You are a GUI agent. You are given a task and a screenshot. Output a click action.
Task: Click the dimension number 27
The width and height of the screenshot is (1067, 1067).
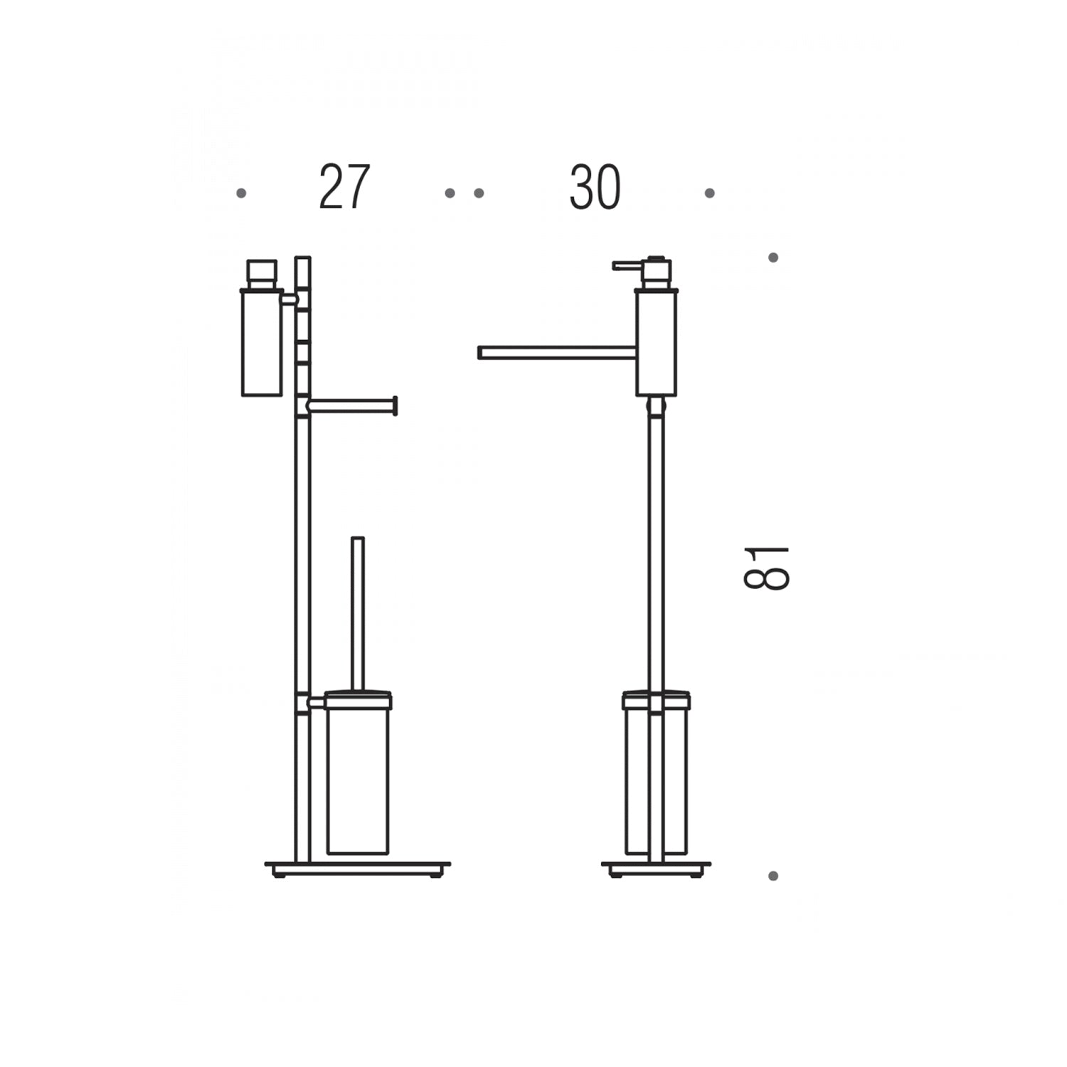(344, 187)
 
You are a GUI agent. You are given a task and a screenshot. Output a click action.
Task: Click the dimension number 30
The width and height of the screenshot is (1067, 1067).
(595, 188)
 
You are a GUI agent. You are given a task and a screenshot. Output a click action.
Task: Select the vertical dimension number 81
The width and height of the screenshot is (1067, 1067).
(766, 568)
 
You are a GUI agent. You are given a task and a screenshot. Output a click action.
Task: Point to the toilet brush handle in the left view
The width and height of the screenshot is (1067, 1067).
(358, 613)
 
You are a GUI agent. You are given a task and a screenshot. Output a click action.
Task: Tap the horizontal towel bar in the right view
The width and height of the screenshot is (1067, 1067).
(556, 353)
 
